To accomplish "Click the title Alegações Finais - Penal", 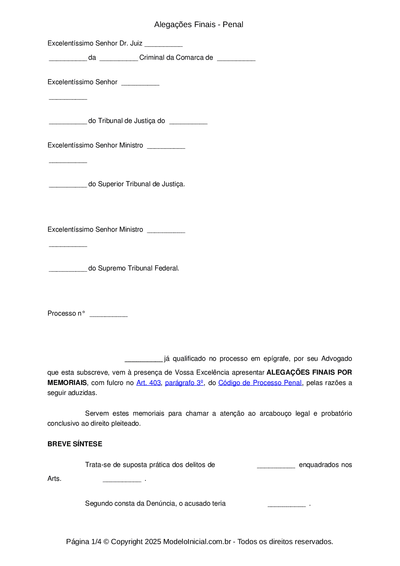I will click(x=198, y=25).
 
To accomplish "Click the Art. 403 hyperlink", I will click(x=148, y=383).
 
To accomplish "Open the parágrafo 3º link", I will click(x=184, y=383).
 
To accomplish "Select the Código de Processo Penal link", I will click(x=260, y=383).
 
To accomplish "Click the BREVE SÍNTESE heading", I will click(x=75, y=444).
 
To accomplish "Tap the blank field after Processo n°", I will click(x=109, y=315).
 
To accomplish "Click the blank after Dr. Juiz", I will click(x=164, y=45).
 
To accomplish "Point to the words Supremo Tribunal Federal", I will click(x=138, y=268).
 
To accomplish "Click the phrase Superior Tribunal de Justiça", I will click(x=141, y=184).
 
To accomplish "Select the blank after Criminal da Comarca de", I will click(x=236, y=59).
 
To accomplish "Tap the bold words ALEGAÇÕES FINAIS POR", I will click(x=309, y=372).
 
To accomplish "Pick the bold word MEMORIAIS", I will click(x=67, y=383).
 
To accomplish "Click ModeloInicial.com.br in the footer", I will click(x=197, y=541).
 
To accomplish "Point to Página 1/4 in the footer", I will click(x=84, y=541).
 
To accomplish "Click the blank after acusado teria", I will click(x=287, y=505).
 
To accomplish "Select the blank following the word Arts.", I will click(x=122, y=480).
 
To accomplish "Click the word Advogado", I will click(x=336, y=359).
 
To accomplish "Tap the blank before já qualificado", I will click(x=144, y=360).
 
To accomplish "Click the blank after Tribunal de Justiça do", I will click(x=188, y=122).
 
